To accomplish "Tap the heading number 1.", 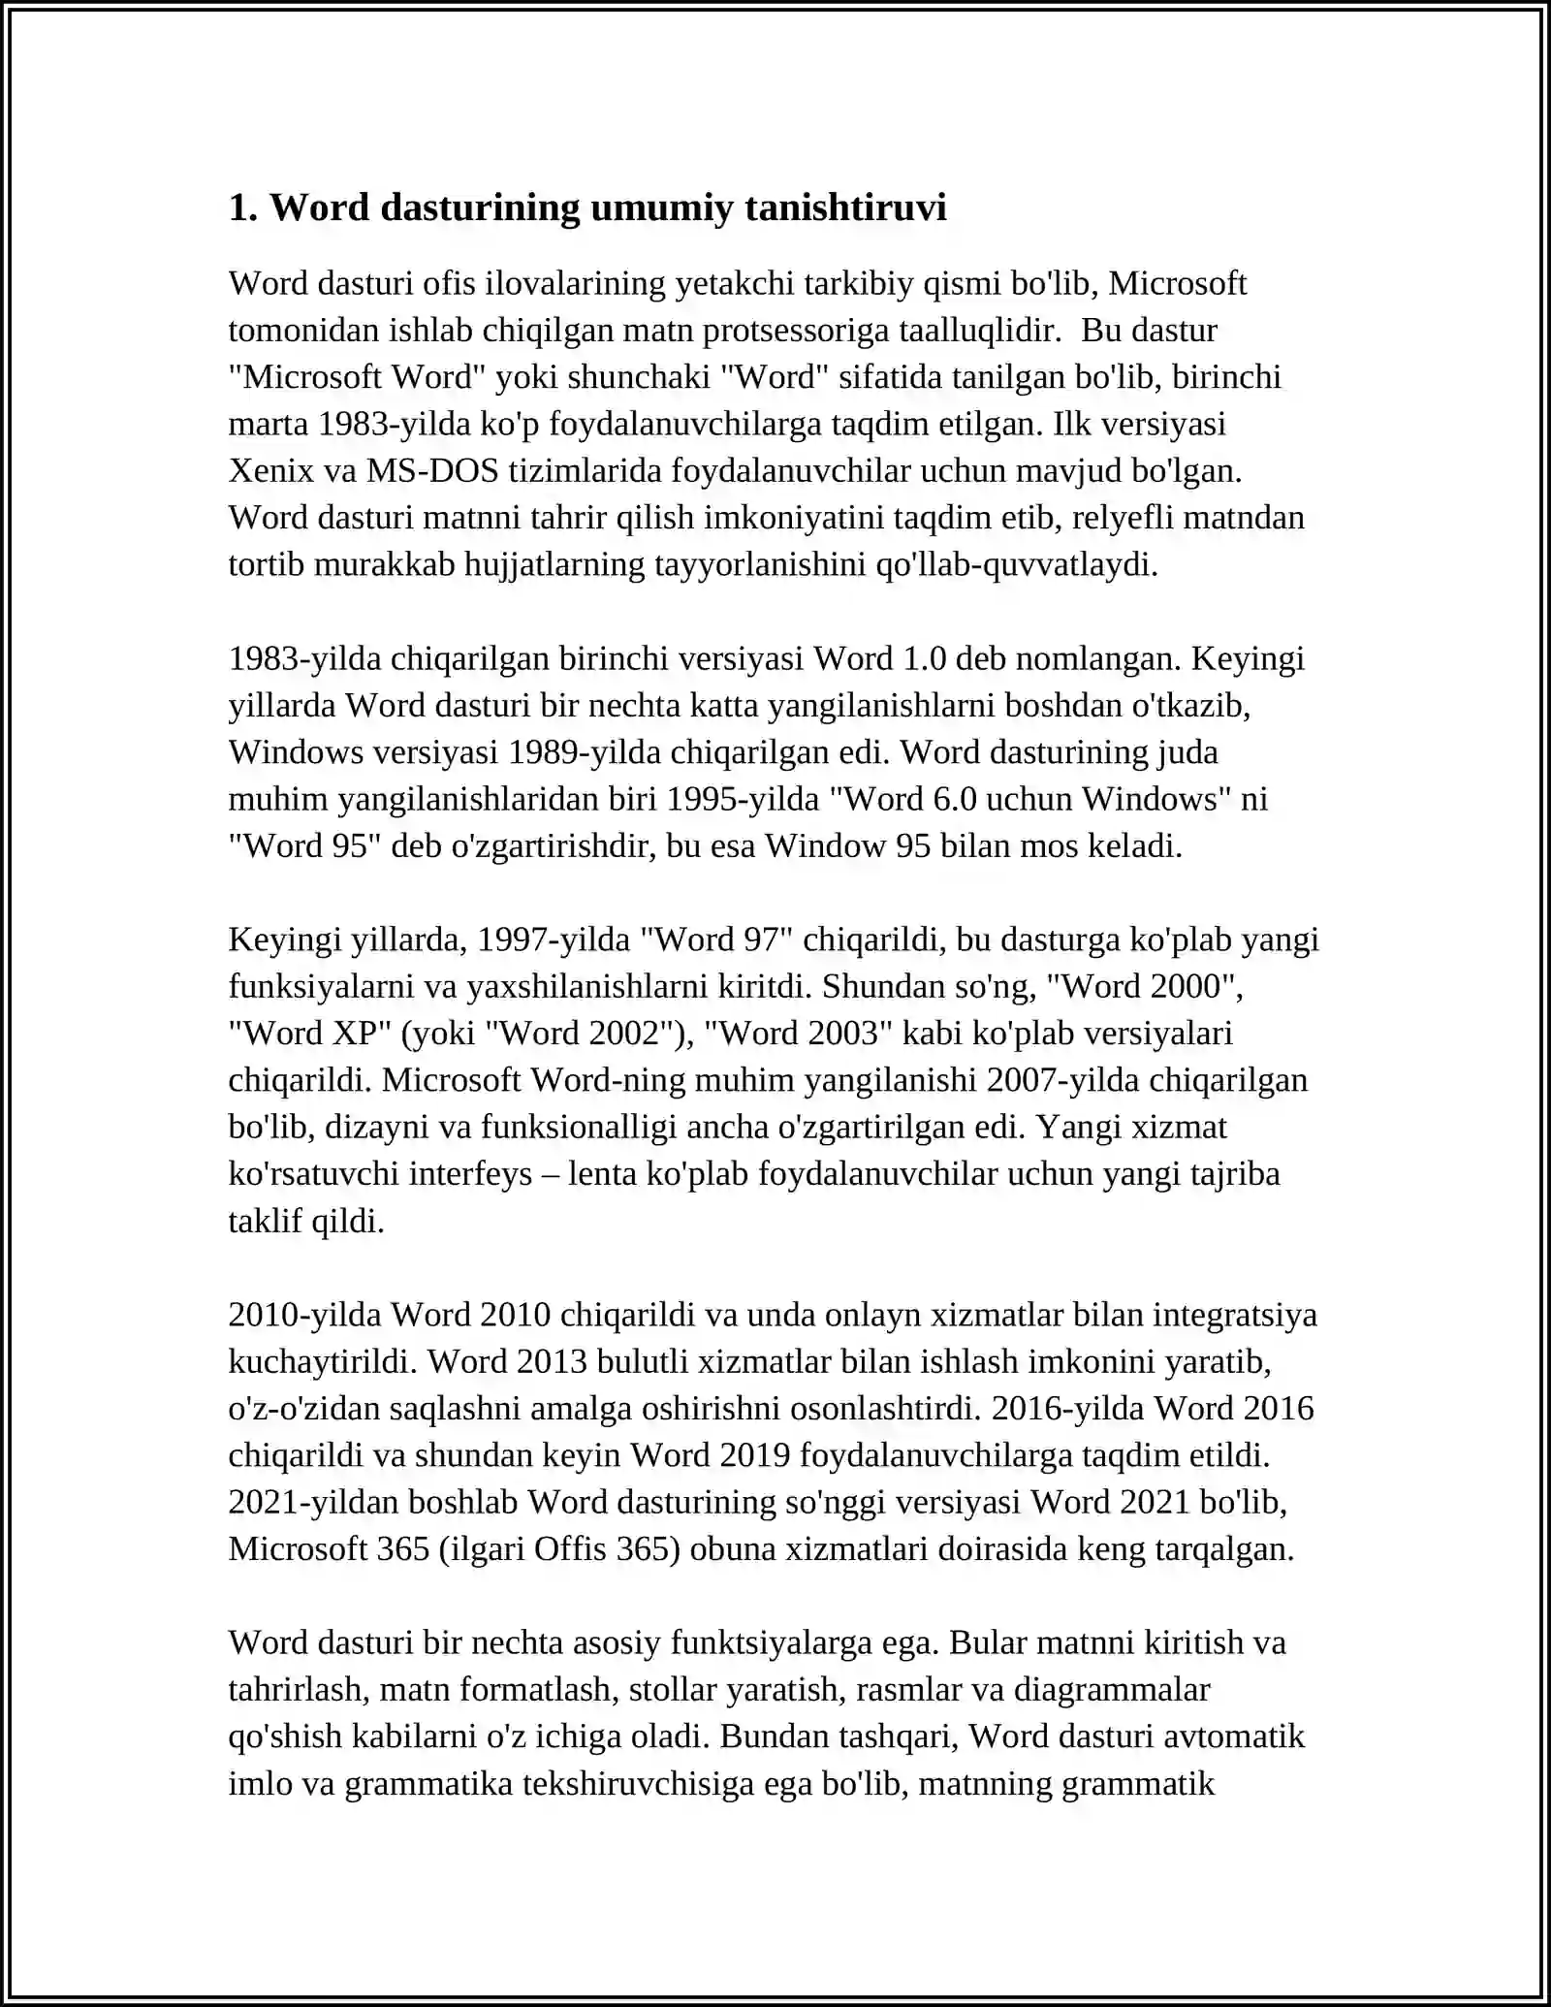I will coord(238,207).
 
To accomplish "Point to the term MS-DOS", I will coord(432,471).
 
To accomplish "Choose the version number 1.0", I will coord(924,658).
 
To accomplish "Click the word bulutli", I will coord(641,1361).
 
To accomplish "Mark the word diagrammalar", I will coord(1111,1689).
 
